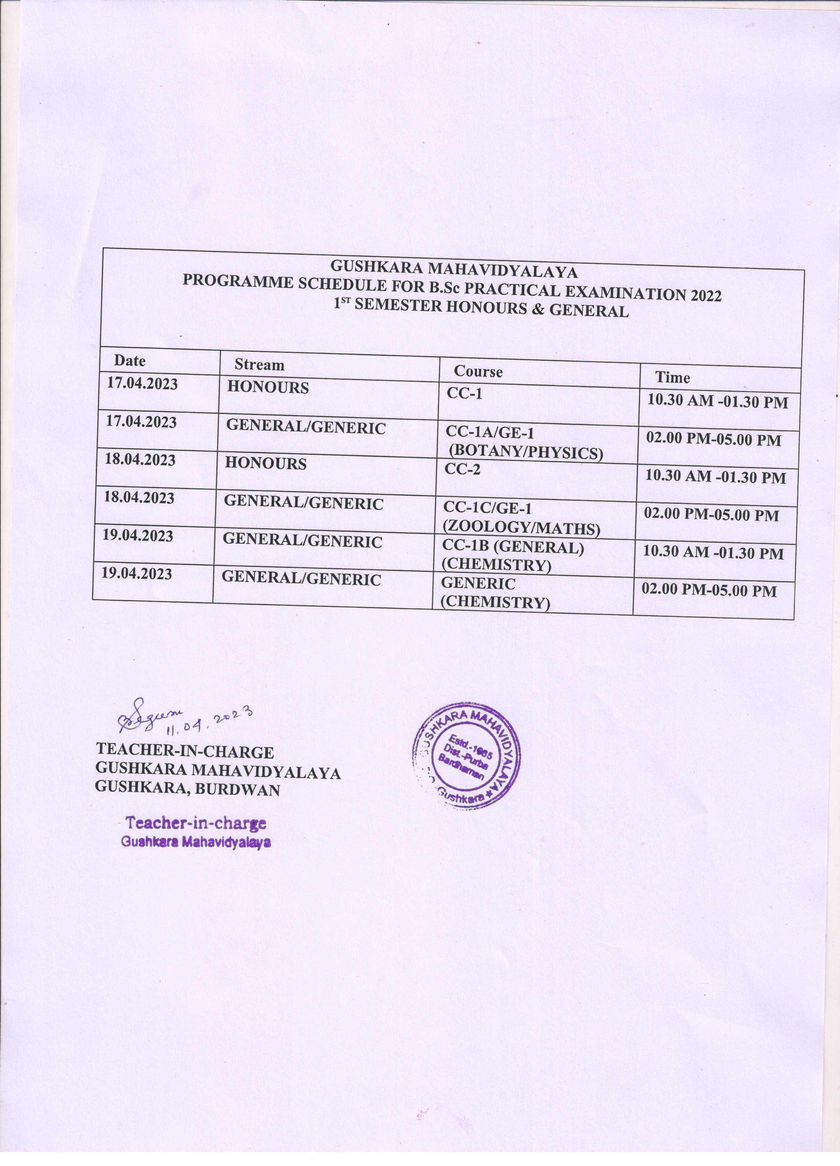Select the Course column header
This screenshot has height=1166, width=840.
click(x=478, y=371)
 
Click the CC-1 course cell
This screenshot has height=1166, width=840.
click(x=465, y=393)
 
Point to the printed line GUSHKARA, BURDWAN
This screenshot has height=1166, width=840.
click(x=187, y=790)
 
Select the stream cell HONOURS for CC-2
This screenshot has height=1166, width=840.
click(x=265, y=464)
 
